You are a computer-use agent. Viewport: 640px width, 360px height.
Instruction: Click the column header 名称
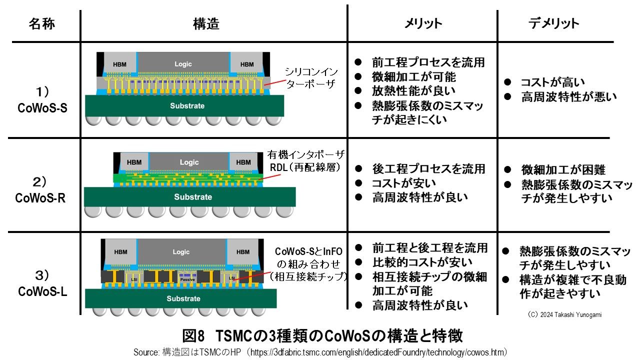tap(41, 23)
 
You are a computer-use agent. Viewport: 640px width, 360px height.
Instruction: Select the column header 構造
tap(206, 23)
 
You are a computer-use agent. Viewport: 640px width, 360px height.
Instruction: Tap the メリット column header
tap(423, 23)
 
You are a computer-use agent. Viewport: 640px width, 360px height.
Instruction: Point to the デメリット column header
tap(553, 23)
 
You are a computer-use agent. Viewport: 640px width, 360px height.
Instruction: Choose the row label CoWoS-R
tap(40, 197)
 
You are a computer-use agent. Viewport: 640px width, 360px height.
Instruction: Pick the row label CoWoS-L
tap(42, 291)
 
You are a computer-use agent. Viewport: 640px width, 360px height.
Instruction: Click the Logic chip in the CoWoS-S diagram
tap(183, 64)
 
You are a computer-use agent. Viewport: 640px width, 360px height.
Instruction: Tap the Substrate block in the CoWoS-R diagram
tap(193, 196)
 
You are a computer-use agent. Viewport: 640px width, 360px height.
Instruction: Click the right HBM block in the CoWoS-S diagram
tap(247, 64)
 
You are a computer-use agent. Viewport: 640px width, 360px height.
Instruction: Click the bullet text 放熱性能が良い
tap(413, 91)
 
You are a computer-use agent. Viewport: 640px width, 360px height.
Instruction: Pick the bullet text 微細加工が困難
tap(556, 170)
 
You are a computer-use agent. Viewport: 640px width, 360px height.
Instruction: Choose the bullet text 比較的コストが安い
tap(422, 262)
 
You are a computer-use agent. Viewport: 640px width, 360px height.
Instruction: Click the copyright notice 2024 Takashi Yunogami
tap(563, 315)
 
